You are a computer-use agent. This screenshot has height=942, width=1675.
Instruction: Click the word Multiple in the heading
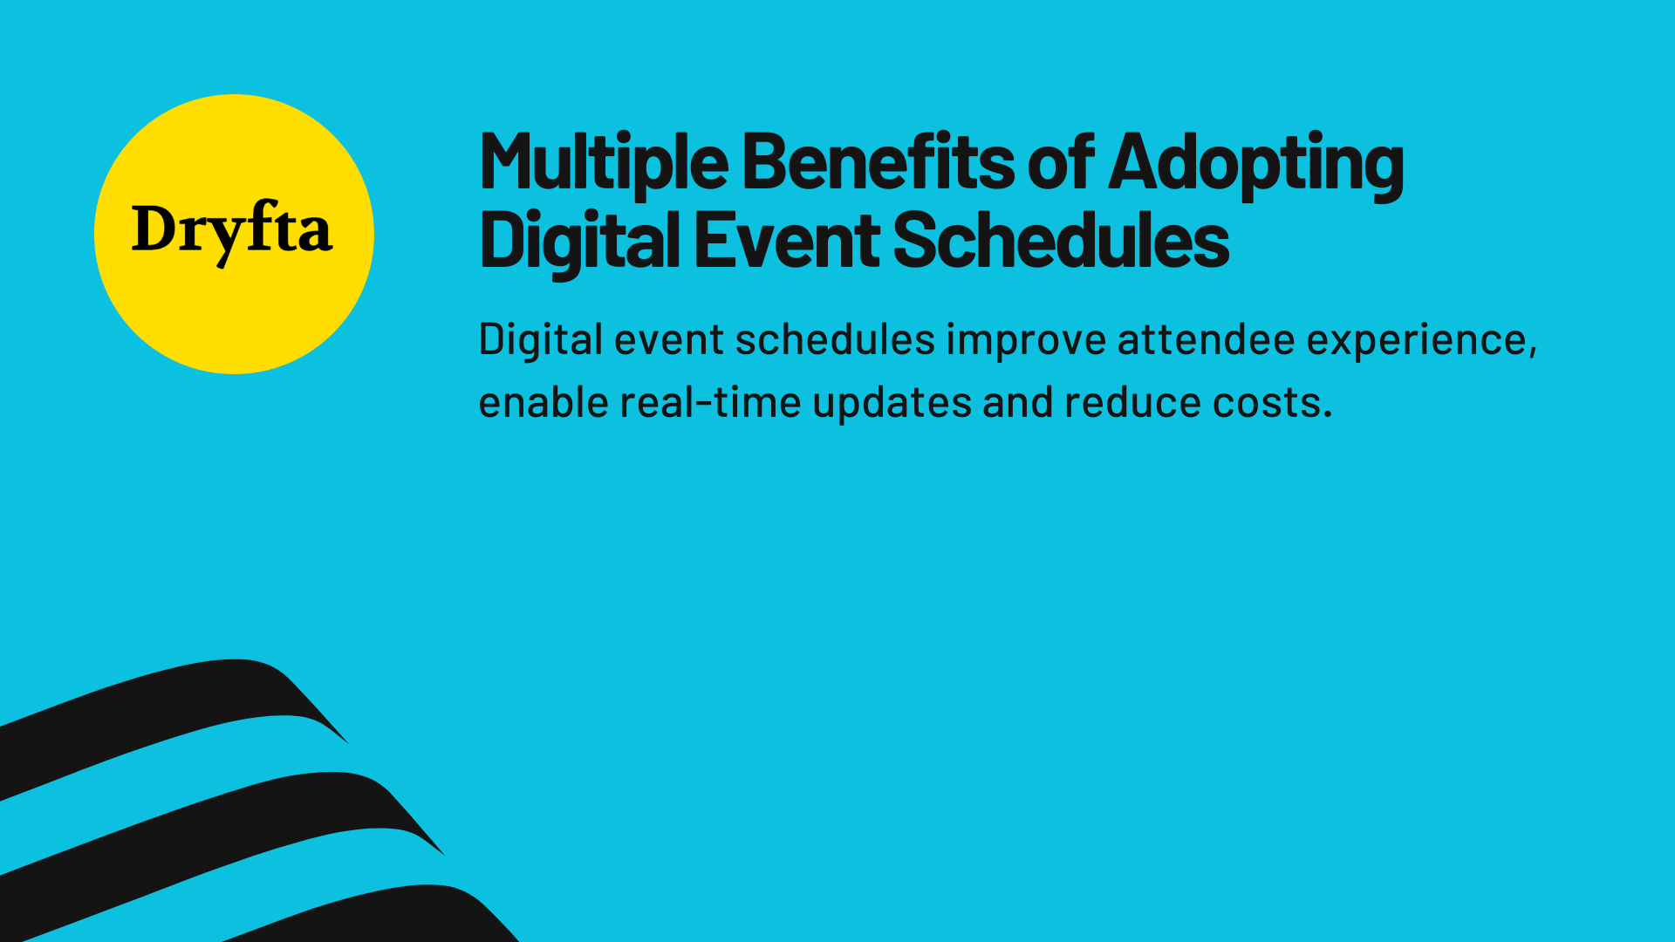pos(603,162)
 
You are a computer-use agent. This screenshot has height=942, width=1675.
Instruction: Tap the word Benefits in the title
pos(878,162)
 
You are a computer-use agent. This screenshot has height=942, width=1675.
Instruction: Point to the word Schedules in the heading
pos(1061,241)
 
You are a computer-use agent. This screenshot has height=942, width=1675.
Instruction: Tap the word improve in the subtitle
pos(1026,340)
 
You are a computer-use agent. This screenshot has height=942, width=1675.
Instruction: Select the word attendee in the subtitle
pos(1206,339)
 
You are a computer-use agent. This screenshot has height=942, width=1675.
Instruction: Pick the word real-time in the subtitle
pos(710,403)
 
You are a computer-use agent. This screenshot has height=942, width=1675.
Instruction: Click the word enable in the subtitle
pos(543,403)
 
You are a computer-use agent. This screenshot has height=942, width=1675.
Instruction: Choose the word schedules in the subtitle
pos(835,339)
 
